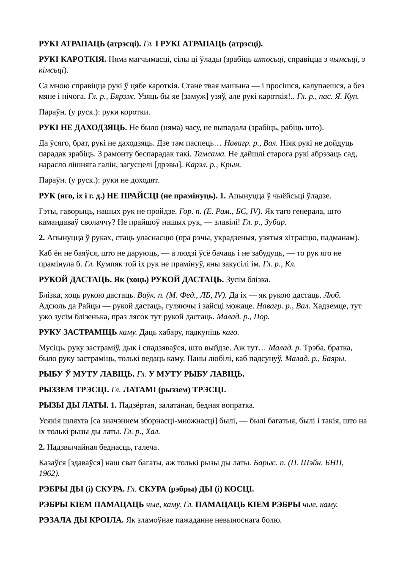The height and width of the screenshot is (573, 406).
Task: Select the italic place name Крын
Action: pos(232,164)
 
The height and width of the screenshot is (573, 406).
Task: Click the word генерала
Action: pos(313,211)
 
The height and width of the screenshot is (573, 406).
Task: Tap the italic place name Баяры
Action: pos(334,358)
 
